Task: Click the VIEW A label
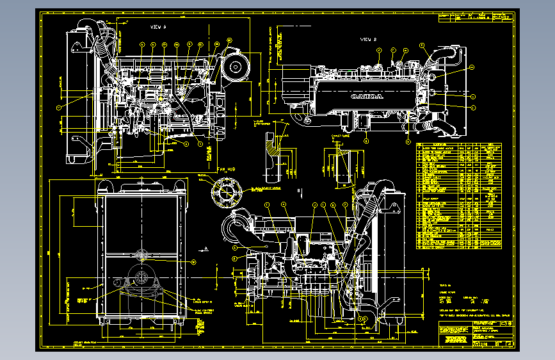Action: click(x=157, y=27)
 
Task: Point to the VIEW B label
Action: click(x=368, y=40)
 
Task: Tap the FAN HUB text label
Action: click(x=227, y=169)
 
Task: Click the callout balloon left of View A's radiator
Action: click(x=58, y=108)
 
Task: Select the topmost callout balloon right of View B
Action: click(x=472, y=67)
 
